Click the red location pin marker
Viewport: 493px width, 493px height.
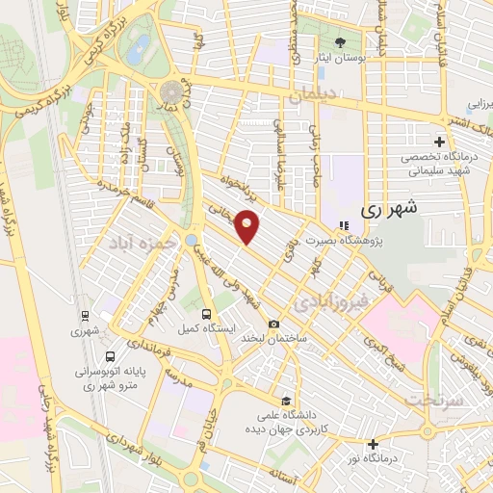coord(248,227)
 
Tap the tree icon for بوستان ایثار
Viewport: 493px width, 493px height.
coord(340,41)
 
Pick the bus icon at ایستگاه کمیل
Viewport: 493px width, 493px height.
coord(206,313)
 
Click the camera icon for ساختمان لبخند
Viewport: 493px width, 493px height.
coord(275,324)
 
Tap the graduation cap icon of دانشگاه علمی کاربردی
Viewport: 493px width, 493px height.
coord(284,402)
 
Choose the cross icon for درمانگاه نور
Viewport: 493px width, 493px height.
coord(374,444)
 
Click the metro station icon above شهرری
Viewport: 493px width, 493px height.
coord(86,315)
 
